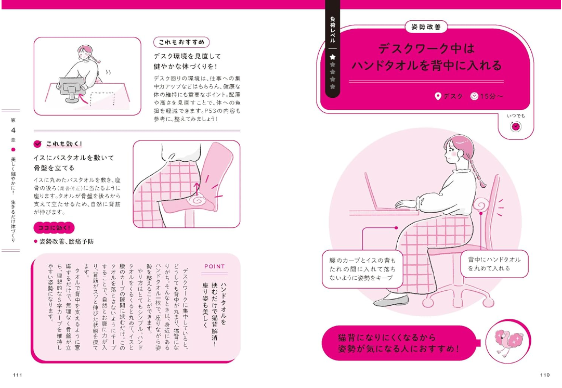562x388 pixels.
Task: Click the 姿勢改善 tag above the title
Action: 426,27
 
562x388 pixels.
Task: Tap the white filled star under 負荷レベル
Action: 333,57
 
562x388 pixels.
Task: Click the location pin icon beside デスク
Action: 438,96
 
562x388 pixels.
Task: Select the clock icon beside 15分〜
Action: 474,96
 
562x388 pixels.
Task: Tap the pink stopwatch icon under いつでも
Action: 516,126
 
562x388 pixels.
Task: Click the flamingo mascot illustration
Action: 507,342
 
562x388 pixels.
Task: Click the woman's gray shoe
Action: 391,301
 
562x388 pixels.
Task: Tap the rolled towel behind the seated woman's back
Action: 481,205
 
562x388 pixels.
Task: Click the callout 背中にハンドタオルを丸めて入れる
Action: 494,264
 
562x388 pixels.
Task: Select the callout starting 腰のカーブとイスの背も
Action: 362,269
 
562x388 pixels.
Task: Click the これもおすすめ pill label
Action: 181,42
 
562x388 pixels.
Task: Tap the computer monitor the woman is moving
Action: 72,88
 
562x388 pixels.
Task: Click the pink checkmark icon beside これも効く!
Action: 37,144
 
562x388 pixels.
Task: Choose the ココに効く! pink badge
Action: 54,227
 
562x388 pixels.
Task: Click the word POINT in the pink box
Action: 214,266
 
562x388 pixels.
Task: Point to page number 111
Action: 18,375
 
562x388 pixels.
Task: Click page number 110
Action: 545,375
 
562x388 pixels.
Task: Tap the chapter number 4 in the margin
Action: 14,130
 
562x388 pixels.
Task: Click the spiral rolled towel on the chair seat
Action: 198,200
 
